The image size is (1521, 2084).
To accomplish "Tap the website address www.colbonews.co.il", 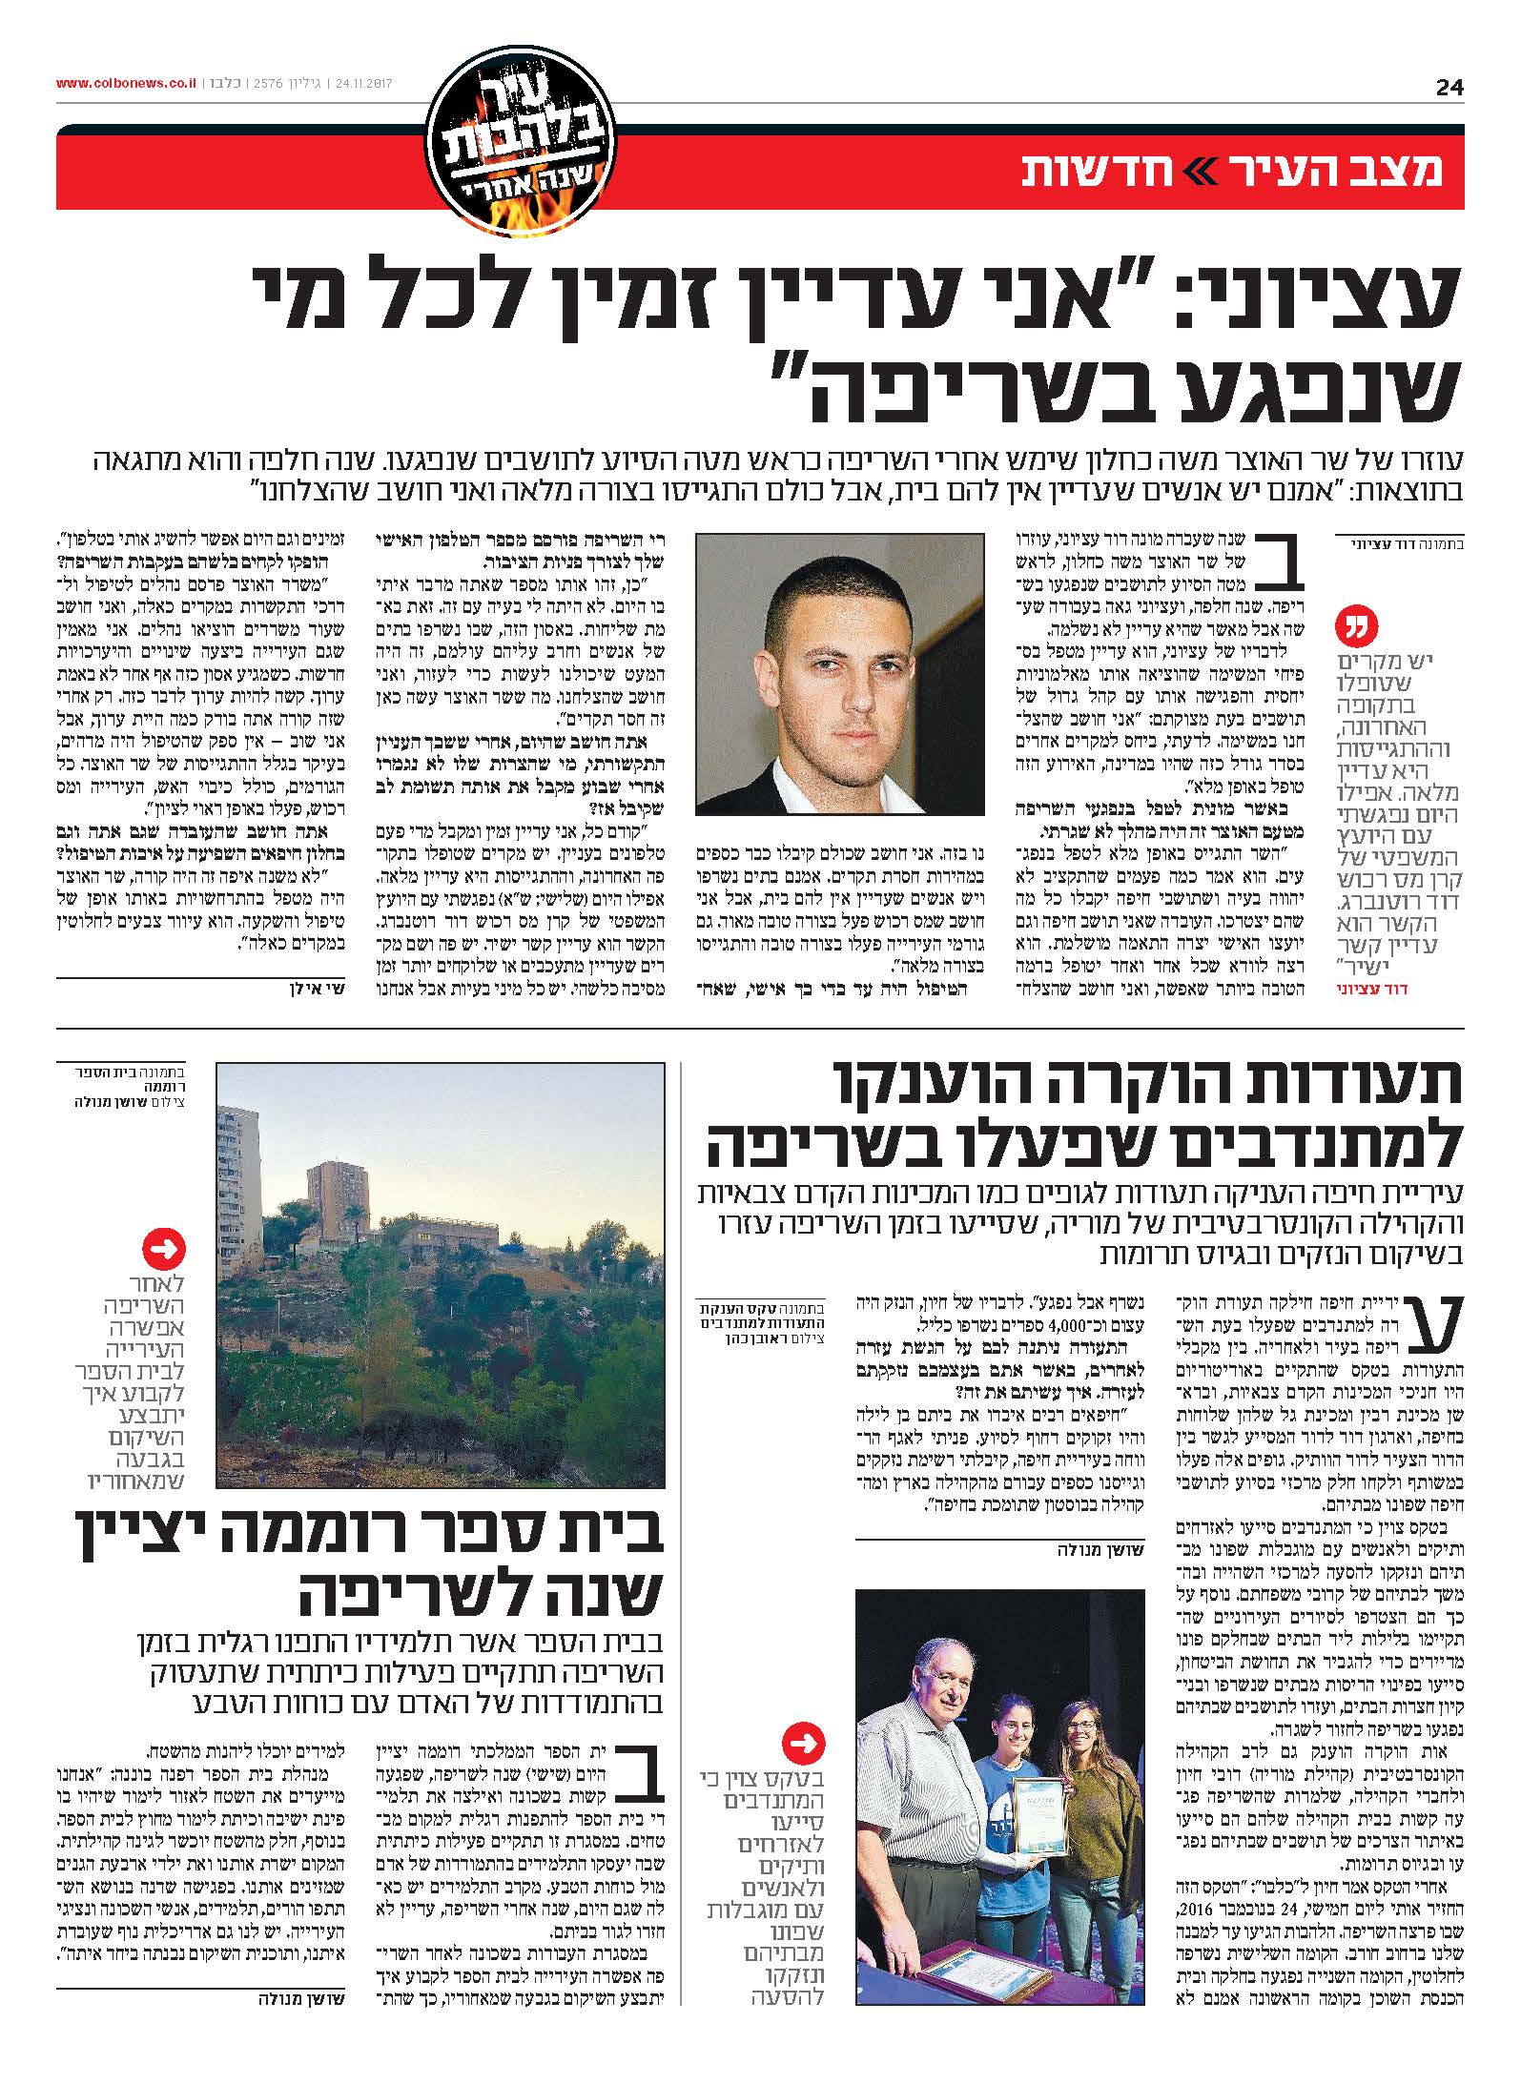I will pos(126,83).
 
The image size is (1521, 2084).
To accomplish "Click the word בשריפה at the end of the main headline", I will pos(992,391).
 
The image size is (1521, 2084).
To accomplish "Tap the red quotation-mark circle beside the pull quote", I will pos(1358,627).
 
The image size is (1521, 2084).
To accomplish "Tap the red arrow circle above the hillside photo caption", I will pos(163,1247).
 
